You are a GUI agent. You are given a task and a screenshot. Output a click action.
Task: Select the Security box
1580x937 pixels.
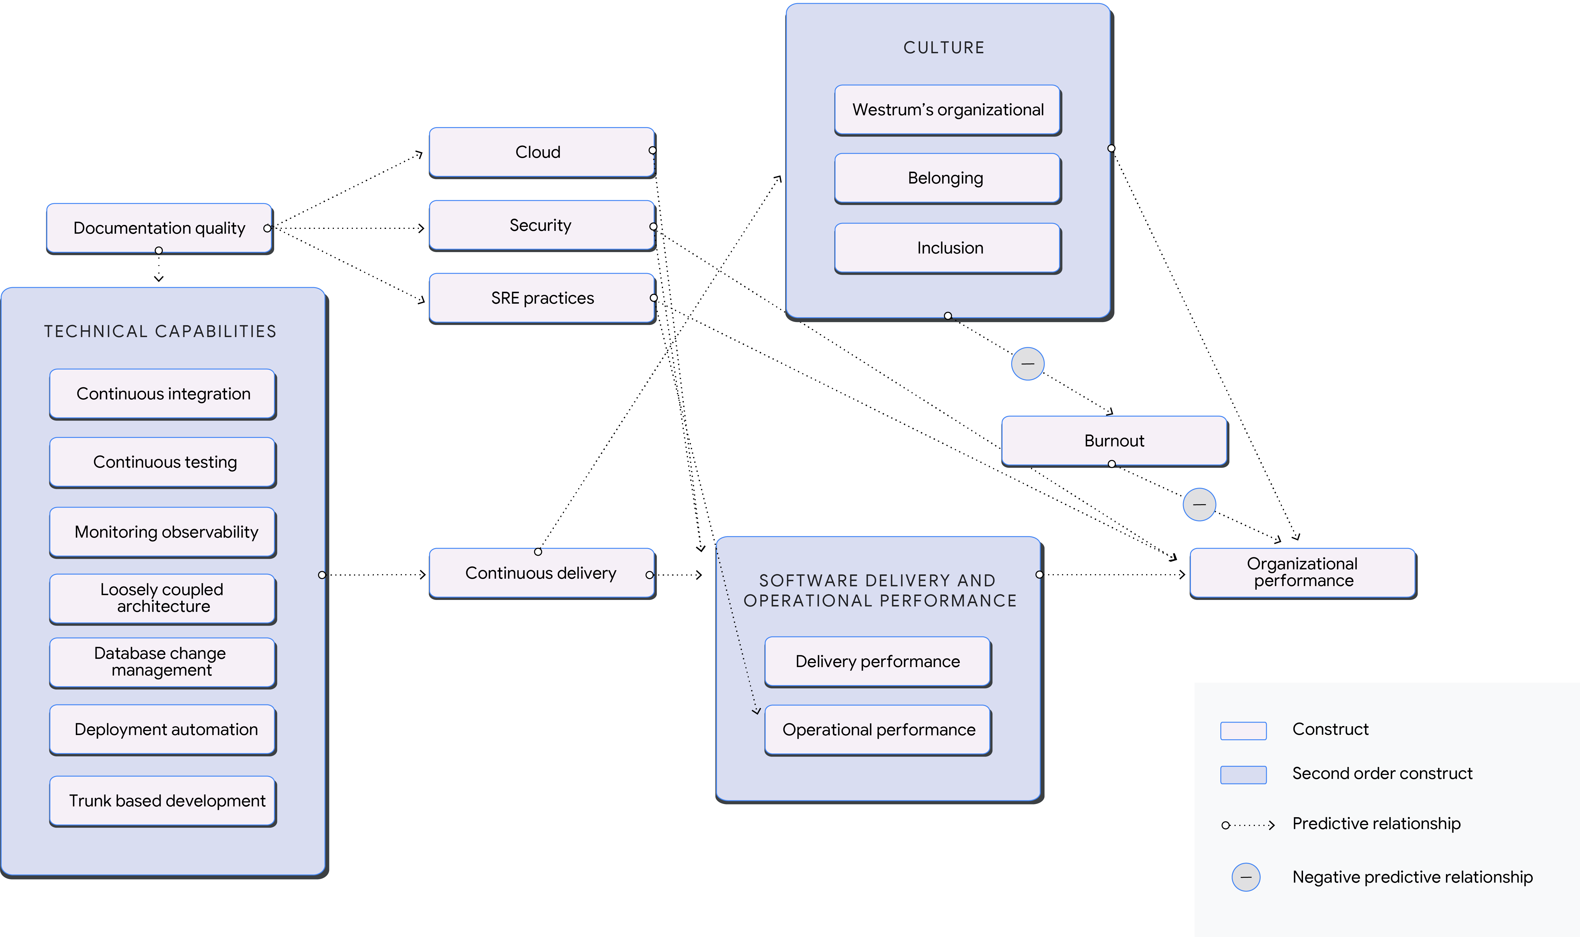click(541, 225)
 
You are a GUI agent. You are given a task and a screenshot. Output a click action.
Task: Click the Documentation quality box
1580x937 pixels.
click(159, 228)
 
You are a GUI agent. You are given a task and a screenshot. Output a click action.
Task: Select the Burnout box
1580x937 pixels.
click(1114, 441)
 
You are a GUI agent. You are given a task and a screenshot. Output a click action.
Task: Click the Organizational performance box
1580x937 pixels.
click(1302, 572)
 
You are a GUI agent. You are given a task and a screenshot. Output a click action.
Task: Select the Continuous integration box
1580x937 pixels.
click(163, 394)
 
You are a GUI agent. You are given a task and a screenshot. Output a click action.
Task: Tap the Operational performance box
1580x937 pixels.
click(878, 730)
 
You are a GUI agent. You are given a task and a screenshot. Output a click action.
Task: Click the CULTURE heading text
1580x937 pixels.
click(944, 48)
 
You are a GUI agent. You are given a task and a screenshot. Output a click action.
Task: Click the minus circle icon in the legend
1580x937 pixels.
click(1246, 877)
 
